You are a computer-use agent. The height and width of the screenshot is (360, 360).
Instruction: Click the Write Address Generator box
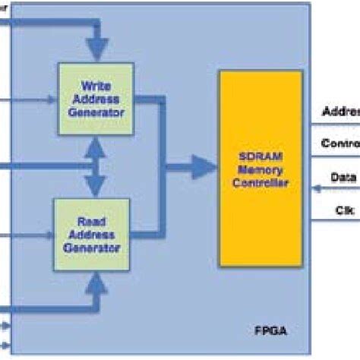(96, 99)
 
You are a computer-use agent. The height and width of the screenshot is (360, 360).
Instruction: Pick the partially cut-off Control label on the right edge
(340, 144)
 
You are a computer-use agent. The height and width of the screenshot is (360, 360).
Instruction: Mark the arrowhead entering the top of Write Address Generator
(96, 51)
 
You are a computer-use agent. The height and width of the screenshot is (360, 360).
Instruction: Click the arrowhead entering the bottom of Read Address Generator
(96, 284)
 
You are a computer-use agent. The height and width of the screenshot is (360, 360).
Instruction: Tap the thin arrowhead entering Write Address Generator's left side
(53, 99)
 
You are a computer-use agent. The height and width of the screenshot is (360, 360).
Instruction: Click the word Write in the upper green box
(96, 86)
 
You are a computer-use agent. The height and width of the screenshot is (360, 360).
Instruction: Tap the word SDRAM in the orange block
(260, 154)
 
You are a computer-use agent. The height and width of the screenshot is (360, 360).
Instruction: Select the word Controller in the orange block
(260, 180)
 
